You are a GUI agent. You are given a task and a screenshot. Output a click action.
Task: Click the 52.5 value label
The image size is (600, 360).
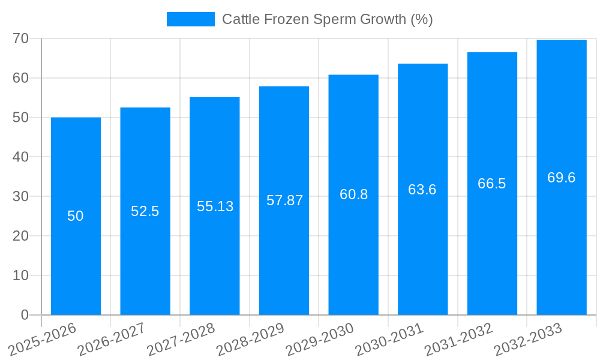145,211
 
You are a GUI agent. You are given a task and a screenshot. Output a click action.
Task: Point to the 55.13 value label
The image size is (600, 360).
215,206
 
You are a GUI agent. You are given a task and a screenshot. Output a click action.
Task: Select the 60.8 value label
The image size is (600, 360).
353,194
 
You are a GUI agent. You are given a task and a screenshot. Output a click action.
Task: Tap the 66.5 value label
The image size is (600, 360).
492,184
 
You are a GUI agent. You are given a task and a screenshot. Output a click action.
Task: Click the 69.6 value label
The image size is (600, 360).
562,178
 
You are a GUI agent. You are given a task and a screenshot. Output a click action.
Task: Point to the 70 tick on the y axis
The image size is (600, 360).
20,38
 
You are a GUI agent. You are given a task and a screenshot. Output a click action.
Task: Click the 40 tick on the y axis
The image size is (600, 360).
20,157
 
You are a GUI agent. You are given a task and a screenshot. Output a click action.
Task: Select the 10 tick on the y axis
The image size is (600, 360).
20,275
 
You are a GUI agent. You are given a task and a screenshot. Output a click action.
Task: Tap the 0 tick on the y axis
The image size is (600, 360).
25,315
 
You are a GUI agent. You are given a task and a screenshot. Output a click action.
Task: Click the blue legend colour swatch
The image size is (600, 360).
190,19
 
